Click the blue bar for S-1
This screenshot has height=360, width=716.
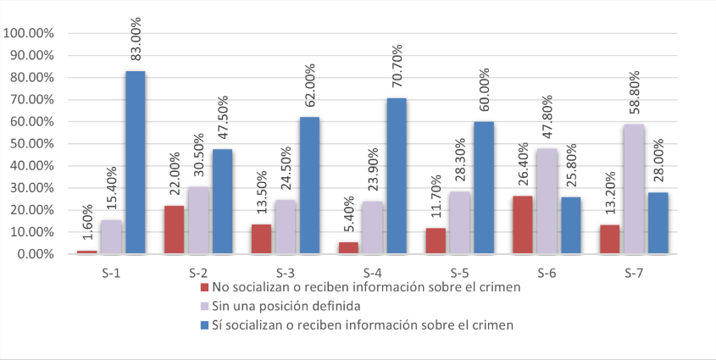136,162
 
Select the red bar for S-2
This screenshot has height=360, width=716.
174,230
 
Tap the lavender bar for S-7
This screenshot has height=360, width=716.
633,189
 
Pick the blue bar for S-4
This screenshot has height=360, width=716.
397,175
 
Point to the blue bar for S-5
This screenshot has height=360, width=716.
484,187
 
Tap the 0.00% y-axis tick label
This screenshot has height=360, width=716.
32,254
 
